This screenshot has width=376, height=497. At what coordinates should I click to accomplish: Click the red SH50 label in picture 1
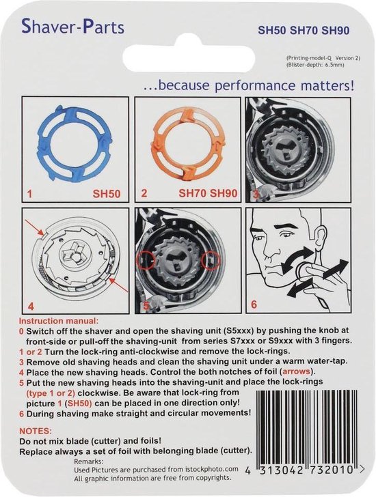pos(105,195)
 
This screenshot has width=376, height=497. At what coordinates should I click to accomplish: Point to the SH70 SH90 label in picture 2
pos(202,195)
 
